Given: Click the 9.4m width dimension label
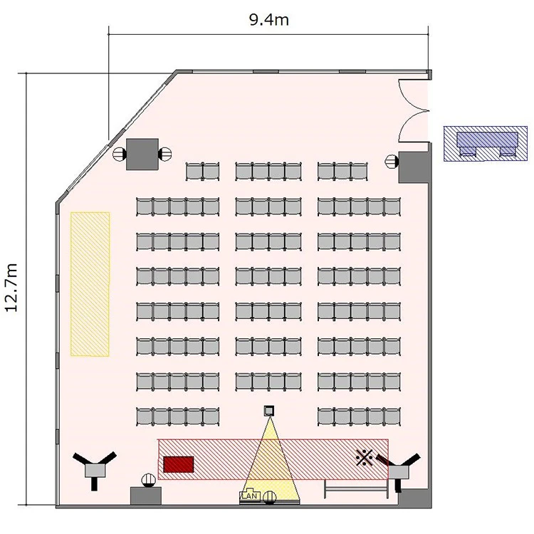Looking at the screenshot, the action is click(x=269, y=20).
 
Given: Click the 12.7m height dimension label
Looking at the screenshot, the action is click(x=11, y=288).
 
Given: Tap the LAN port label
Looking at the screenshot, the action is click(x=251, y=496).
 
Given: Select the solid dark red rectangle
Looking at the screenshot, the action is click(x=179, y=464).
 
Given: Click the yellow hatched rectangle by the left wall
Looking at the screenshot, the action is click(x=90, y=284).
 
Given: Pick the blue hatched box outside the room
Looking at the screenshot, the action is click(x=486, y=143).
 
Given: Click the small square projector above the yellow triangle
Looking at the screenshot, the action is click(x=269, y=410).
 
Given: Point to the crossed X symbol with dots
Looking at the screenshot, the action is click(x=364, y=457).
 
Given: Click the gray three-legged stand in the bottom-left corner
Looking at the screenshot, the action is click(x=95, y=470).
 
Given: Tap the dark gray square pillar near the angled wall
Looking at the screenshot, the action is click(x=142, y=154).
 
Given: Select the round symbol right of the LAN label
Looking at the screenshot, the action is click(x=270, y=497).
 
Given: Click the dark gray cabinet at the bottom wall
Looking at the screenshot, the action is click(x=146, y=496).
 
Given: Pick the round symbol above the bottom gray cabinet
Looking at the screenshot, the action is click(x=149, y=480).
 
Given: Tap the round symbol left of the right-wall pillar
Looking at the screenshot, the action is click(x=392, y=161).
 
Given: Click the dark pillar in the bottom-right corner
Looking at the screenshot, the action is click(x=415, y=498).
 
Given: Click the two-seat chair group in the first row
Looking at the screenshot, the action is click(x=203, y=172).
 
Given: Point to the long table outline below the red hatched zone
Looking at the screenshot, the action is click(x=356, y=489).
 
